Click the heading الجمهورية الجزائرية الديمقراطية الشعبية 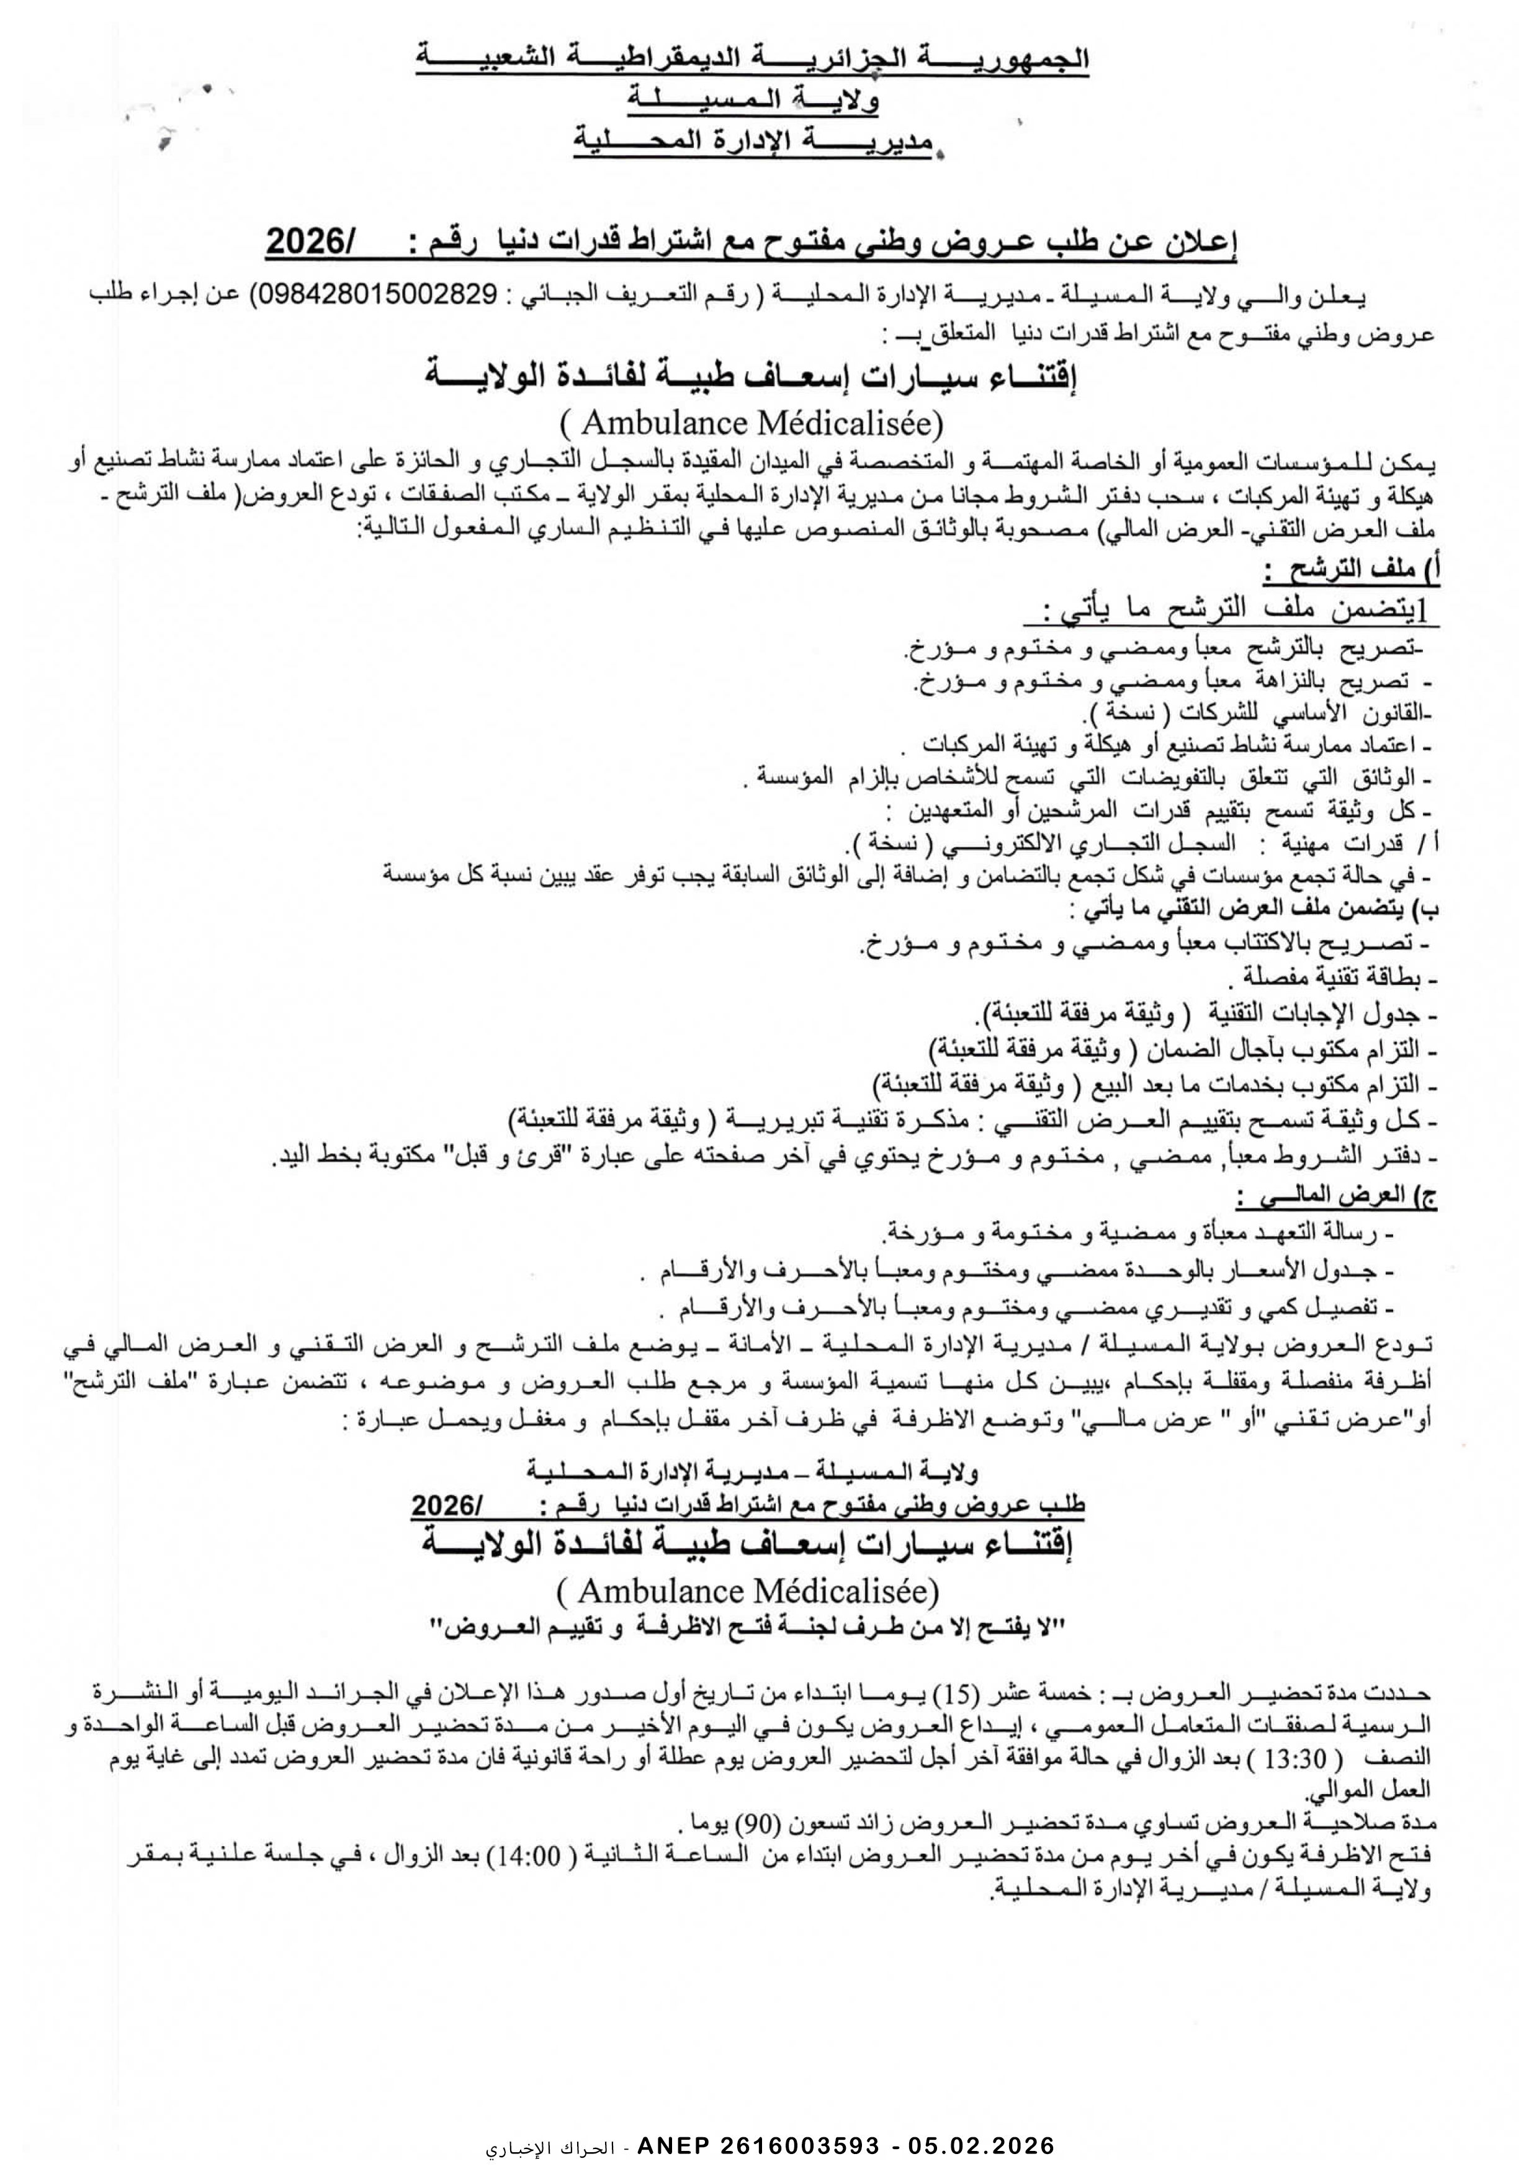(754, 60)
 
